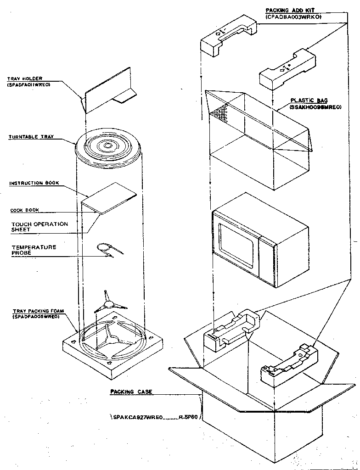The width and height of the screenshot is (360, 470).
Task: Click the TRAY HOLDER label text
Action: [25, 78]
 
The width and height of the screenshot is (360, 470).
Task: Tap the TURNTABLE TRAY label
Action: [30, 137]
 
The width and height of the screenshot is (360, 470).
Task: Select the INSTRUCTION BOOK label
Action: [34, 183]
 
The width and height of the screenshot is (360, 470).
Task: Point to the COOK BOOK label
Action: [25, 210]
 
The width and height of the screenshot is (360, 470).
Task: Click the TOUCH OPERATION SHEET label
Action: [39, 227]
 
